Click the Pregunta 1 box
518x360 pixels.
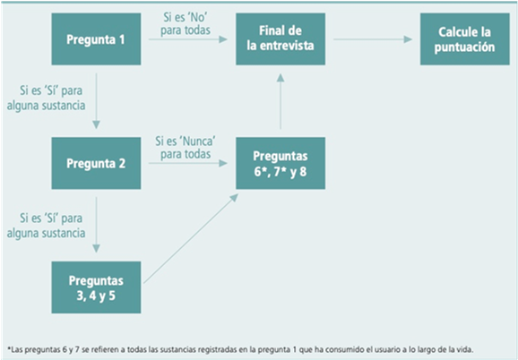[x=96, y=39]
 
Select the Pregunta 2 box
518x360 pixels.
[x=96, y=163]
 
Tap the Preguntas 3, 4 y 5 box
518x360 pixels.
[x=96, y=287]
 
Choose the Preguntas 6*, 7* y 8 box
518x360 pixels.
[x=281, y=163]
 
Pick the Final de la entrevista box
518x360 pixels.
[x=281, y=39]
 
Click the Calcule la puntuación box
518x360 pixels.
[x=465, y=39]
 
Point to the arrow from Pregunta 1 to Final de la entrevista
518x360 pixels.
[x=188, y=39]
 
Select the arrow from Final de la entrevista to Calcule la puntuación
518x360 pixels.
[x=373, y=39]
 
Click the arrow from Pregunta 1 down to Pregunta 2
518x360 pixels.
[x=96, y=101]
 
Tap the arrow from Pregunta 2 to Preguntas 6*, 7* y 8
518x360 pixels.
[x=188, y=163]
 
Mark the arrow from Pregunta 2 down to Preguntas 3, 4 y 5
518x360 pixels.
[x=96, y=225]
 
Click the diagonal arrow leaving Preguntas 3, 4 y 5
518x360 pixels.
[x=191, y=238]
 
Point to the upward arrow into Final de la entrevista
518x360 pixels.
[x=281, y=101]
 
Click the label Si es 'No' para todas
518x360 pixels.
[x=186, y=24]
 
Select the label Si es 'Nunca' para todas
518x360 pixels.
[x=186, y=148]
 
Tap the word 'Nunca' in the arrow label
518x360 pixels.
[x=199, y=141]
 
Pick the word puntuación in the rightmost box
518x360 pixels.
[x=465, y=47]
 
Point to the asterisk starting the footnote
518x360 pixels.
[x=9, y=348]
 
